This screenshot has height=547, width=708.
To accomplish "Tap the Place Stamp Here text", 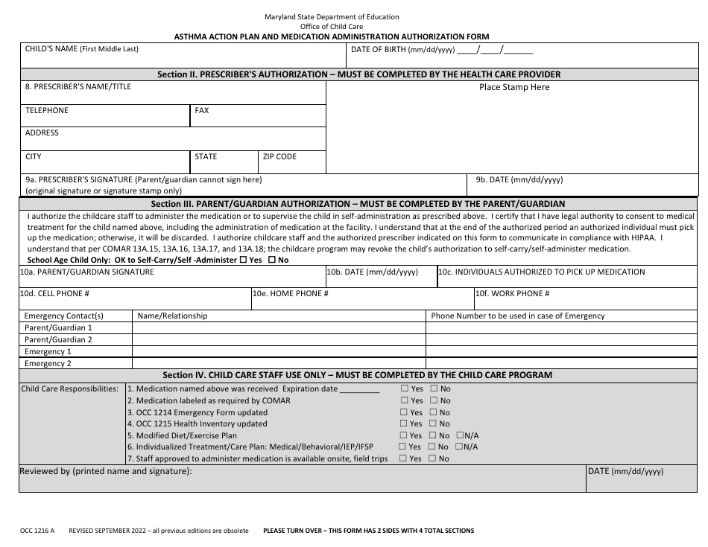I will (513, 87).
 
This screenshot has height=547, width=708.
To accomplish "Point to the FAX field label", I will (201, 110).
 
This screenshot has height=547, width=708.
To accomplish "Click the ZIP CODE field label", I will (279, 157).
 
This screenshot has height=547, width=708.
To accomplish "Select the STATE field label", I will (206, 157).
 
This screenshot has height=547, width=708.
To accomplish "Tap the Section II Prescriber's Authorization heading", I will (358, 74).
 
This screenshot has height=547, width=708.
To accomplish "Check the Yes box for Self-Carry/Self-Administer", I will (243, 260).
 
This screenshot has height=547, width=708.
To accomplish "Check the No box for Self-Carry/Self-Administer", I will (271, 260).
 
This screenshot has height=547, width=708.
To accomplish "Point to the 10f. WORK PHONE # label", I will (513, 294).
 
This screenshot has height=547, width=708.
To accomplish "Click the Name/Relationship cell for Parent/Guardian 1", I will (279, 327).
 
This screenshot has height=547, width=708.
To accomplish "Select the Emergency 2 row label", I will (48, 364).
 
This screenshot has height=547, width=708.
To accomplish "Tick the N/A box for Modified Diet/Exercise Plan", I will (460, 435).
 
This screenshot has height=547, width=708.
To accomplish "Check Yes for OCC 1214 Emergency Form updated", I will (404, 412).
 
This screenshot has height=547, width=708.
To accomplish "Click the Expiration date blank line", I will (359, 389).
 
